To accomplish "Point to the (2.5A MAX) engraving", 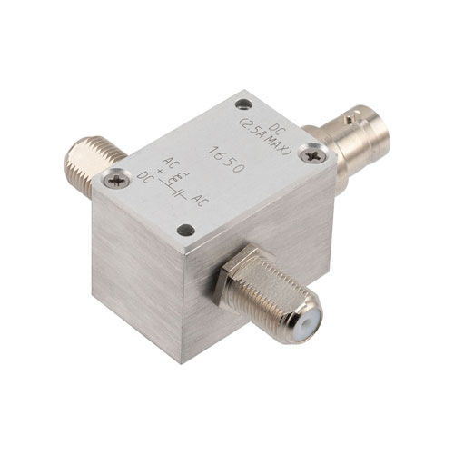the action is tap(264, 138).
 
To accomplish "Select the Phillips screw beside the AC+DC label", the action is tap(116, 181).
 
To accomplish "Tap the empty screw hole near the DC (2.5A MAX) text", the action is tap(243, 104).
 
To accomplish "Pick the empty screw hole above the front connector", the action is tap(186, 231).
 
